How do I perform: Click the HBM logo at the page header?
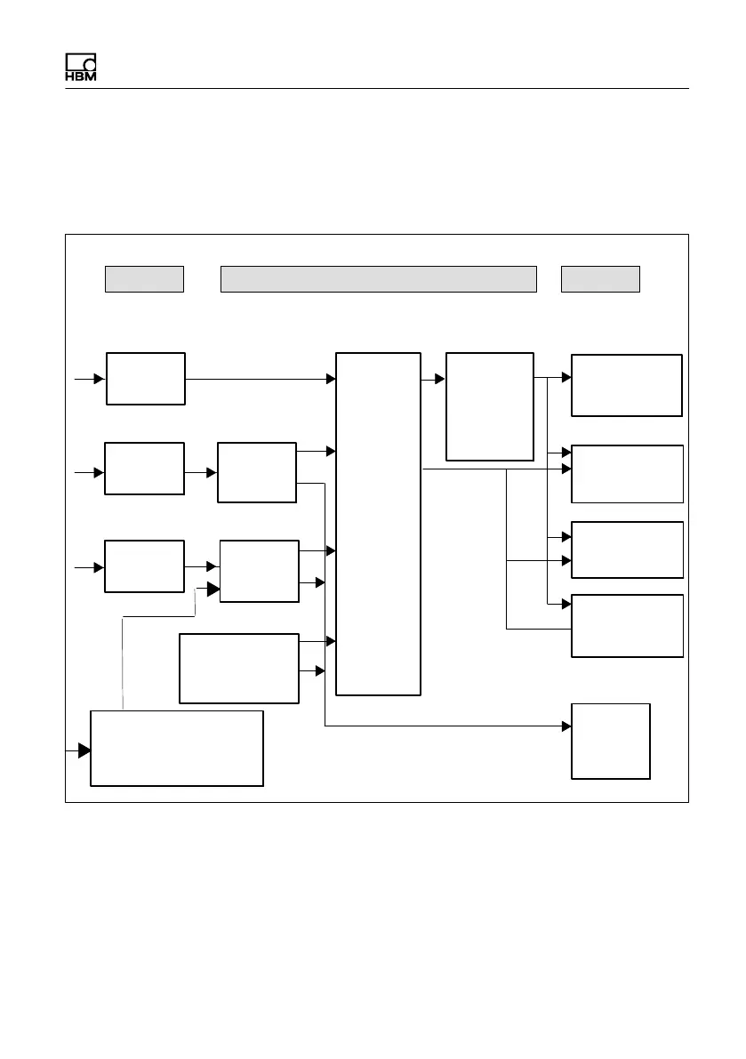coord(80,68)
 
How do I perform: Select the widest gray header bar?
coord(378,278)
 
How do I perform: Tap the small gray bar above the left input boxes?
coord(144,278)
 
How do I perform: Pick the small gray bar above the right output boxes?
coord(600,278)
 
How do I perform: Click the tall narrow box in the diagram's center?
coord(378,523)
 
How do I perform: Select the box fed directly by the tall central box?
coord(489,406)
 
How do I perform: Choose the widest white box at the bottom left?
coord(177,748)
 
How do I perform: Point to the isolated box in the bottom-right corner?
coord(611,741)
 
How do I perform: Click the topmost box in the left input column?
coord(146,379)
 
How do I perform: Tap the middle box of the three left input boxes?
coord(144,468)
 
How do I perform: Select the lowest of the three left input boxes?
coord(144,566)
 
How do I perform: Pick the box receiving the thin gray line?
coord(259,571)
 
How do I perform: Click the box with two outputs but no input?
coord(238,669)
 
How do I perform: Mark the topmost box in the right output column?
coord(626,385)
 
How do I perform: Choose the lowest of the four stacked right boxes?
coord(626,625)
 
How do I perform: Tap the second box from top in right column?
coord(626,474)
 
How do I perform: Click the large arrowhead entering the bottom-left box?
coord(84,750)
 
